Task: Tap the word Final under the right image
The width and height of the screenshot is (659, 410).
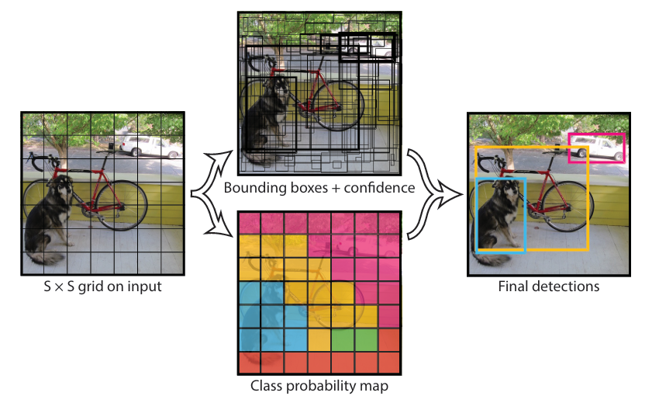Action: click(x=512, y=287)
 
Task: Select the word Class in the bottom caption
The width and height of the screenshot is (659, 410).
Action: click(x=267, y=385)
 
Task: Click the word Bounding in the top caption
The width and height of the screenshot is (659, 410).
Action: click(x=250, y=188)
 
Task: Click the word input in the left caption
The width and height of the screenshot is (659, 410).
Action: click(x=146, y=287)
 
